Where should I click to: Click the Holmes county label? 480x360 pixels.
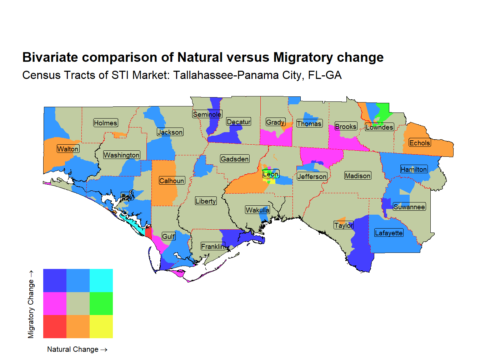105,123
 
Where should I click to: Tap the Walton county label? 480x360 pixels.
68,149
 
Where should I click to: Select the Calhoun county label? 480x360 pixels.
172,181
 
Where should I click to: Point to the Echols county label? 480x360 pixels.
420,143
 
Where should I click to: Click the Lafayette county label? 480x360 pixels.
389,233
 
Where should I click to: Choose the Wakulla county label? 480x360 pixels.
257,210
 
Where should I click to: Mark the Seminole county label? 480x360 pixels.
207,114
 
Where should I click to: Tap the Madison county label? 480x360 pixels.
357,176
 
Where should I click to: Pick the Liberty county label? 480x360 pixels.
206,201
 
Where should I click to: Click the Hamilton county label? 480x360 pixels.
414,169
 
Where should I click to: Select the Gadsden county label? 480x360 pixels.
235,159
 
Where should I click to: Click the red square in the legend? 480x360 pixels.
55,326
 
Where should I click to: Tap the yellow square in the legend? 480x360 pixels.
101,326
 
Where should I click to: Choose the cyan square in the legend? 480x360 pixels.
101,280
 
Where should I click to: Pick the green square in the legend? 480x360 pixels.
101,304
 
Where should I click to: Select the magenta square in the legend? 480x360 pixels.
55,304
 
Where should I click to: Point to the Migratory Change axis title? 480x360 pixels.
31,304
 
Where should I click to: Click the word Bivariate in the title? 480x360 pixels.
50,57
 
